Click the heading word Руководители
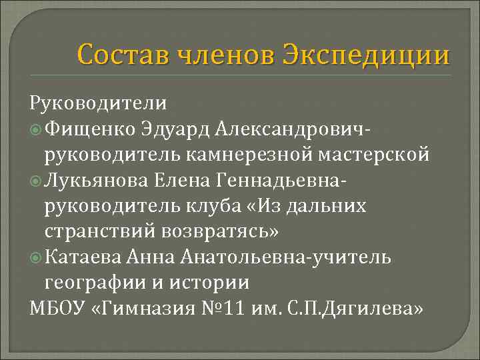(97, 104)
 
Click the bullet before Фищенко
(36, 129)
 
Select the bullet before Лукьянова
(36, 181)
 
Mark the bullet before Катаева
(36, 258)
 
